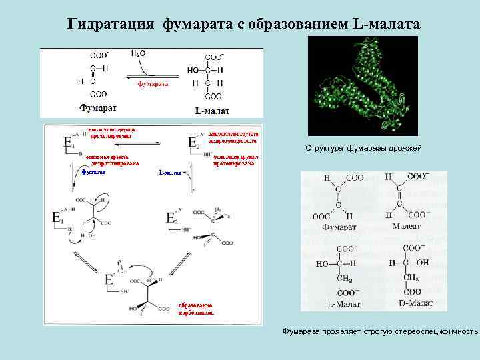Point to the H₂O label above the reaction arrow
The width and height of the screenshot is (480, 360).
[138, 53]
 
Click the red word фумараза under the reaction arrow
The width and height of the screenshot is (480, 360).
[153, 84]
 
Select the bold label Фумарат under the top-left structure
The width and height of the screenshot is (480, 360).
[99, 107]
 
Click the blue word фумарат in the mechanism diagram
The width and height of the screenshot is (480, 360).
[93, 171]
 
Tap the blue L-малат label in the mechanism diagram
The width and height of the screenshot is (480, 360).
[171, 172]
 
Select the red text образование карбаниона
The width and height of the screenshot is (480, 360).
[197, 307]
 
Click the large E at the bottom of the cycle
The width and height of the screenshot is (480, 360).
[109, 281]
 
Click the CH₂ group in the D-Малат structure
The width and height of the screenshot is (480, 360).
[410, 278]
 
